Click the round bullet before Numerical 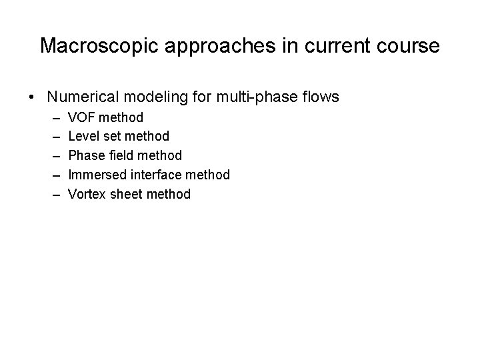click(x=33, y=97)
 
